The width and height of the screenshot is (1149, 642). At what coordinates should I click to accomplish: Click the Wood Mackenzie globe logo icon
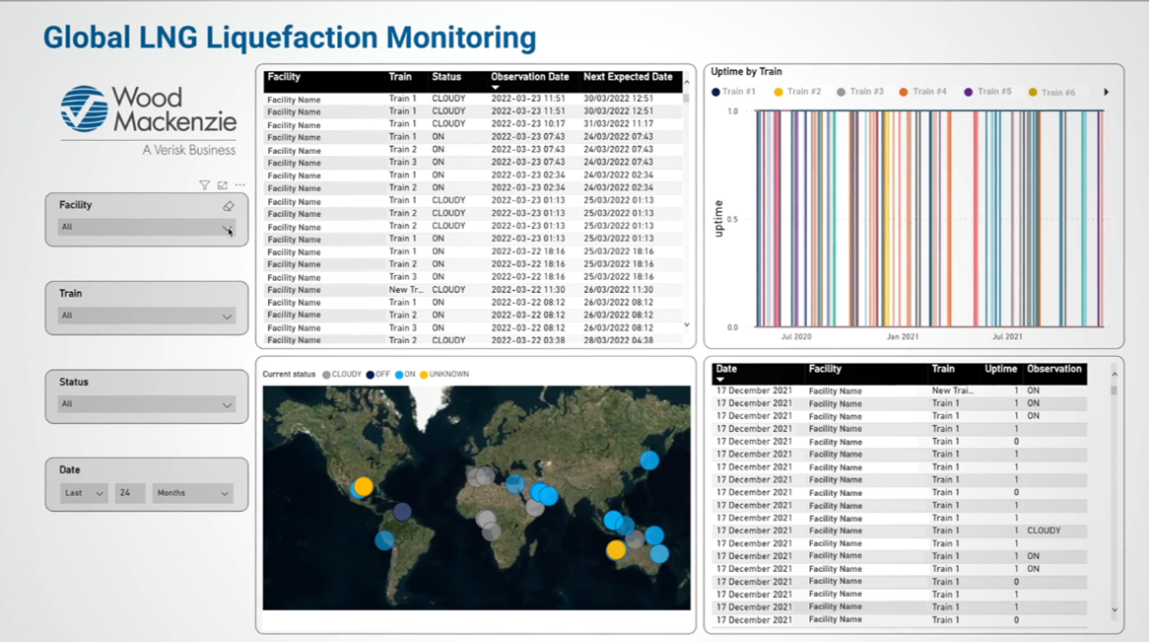[84, 108]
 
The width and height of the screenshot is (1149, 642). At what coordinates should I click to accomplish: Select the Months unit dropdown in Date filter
[192, 493]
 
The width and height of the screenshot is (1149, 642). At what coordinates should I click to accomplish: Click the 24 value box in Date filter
[129, 493]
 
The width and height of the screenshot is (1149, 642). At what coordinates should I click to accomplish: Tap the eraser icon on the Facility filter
[229, 206]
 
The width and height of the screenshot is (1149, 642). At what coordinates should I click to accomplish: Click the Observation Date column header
[530, 77]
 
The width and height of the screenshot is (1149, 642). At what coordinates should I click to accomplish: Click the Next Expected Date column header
[628, 77]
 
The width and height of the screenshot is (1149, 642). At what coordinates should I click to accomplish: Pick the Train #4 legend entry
[924, 92]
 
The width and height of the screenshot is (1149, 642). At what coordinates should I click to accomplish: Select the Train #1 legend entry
[734, 92]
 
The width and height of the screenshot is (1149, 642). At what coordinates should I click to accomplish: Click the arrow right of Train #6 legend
[1106, 92]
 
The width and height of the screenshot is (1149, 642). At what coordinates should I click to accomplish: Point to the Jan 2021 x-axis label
[902, 336]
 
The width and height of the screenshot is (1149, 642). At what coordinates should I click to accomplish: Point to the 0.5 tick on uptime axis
[731, 220]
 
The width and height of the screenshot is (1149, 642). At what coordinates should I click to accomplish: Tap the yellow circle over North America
[364, 486]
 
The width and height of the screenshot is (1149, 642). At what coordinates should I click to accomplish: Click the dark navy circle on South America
[402, 511]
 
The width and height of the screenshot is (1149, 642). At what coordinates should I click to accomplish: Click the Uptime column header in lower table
[1000, 369]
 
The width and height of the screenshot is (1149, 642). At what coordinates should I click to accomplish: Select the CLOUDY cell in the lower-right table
[1044, 531]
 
